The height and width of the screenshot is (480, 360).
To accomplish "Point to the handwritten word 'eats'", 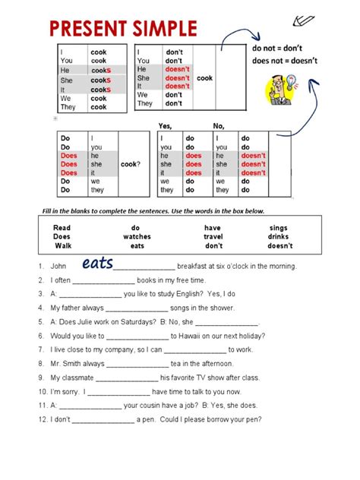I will [97, 263].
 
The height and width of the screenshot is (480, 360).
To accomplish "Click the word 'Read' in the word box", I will [62, 227].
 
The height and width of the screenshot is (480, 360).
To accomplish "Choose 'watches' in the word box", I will [137, 236].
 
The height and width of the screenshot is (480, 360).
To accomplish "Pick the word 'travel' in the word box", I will [214, 236].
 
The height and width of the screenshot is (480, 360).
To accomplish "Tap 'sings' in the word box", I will [279, 227].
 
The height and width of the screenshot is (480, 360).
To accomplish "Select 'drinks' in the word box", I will [279, 236].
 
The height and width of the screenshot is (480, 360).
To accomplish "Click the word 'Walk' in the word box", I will [62, 245].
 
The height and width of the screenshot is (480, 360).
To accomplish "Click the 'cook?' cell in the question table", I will [130, 164].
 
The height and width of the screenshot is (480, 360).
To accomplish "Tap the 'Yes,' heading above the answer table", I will [166, 125].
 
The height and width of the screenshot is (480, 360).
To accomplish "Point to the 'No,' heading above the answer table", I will [219, 125].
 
